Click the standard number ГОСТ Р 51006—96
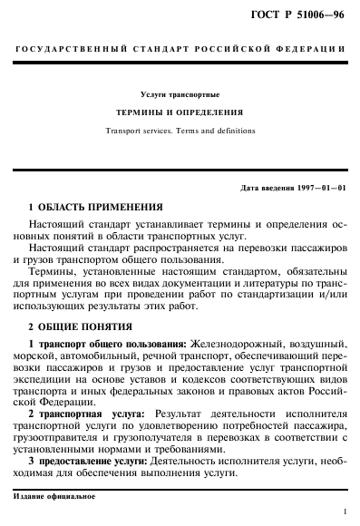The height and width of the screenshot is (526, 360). (x=303, y=13)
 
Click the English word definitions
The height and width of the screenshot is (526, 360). (x=234, y=130)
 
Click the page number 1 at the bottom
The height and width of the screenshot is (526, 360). (x=345, y=512)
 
